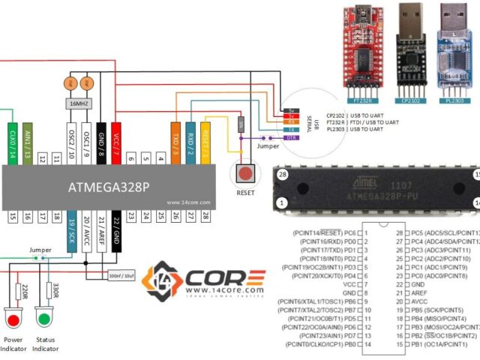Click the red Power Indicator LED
(x=13, y=320)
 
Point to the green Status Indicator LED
(x=43, y=320)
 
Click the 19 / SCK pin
(x=72, y=225)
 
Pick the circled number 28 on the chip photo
(x=282, y=174)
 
